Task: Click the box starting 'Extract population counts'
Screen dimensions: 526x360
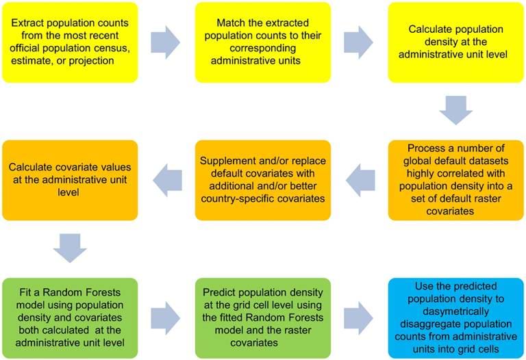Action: tap(70, 42)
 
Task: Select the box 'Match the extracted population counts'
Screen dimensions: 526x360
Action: tap(263, 42)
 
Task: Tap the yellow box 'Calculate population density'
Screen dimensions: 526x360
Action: tap(456, 42)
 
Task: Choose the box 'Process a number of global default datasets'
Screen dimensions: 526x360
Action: tap(456, 180)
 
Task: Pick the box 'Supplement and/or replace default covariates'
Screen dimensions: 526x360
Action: tap(263, 180)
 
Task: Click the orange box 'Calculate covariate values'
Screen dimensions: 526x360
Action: tap(70, 180)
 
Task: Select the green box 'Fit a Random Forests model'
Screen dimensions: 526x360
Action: tap(70, 318)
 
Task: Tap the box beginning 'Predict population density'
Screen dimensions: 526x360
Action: tap(263, 318)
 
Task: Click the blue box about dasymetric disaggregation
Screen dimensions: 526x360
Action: tap(456, 318)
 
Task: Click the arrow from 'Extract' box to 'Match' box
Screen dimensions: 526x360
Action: tap(165, 42)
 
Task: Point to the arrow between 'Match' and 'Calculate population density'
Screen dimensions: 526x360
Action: tap(359, 42)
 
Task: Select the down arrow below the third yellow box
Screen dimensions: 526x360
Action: tap(456, 110)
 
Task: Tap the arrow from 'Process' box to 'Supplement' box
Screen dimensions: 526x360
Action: tap(360, 180)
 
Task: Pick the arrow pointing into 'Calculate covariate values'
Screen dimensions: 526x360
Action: tap(167, 180)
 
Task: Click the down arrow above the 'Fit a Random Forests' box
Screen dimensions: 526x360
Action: tap(70, 248)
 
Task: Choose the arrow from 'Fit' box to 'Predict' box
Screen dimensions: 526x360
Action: tap(165, 318)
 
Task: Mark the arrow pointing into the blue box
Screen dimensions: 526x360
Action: tap(359, 318)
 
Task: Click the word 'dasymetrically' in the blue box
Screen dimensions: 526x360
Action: tap(456, 311)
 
